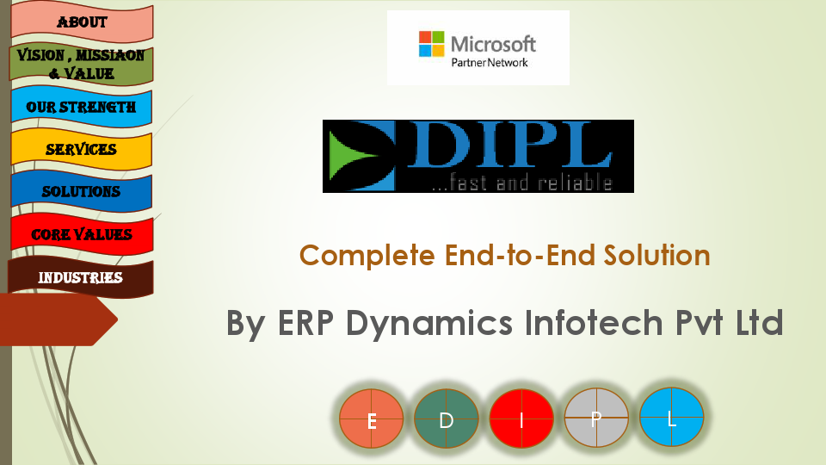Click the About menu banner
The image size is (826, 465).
click(x=82, y=22)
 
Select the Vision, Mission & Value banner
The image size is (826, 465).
click(x=82, y=65)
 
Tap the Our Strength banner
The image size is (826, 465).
click(x=82, y=108)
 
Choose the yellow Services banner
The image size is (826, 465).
click(x=82, y=149)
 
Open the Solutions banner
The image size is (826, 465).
click(x=82, y=191)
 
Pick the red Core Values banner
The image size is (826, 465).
click(x=82, y=234)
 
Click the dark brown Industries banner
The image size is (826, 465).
click(x=81, y=277)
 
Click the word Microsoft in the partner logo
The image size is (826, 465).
click(x=493, y=43)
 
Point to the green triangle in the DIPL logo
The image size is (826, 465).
click(x=355, y=155)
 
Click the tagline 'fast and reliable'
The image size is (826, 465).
click(x=521, y=183)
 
